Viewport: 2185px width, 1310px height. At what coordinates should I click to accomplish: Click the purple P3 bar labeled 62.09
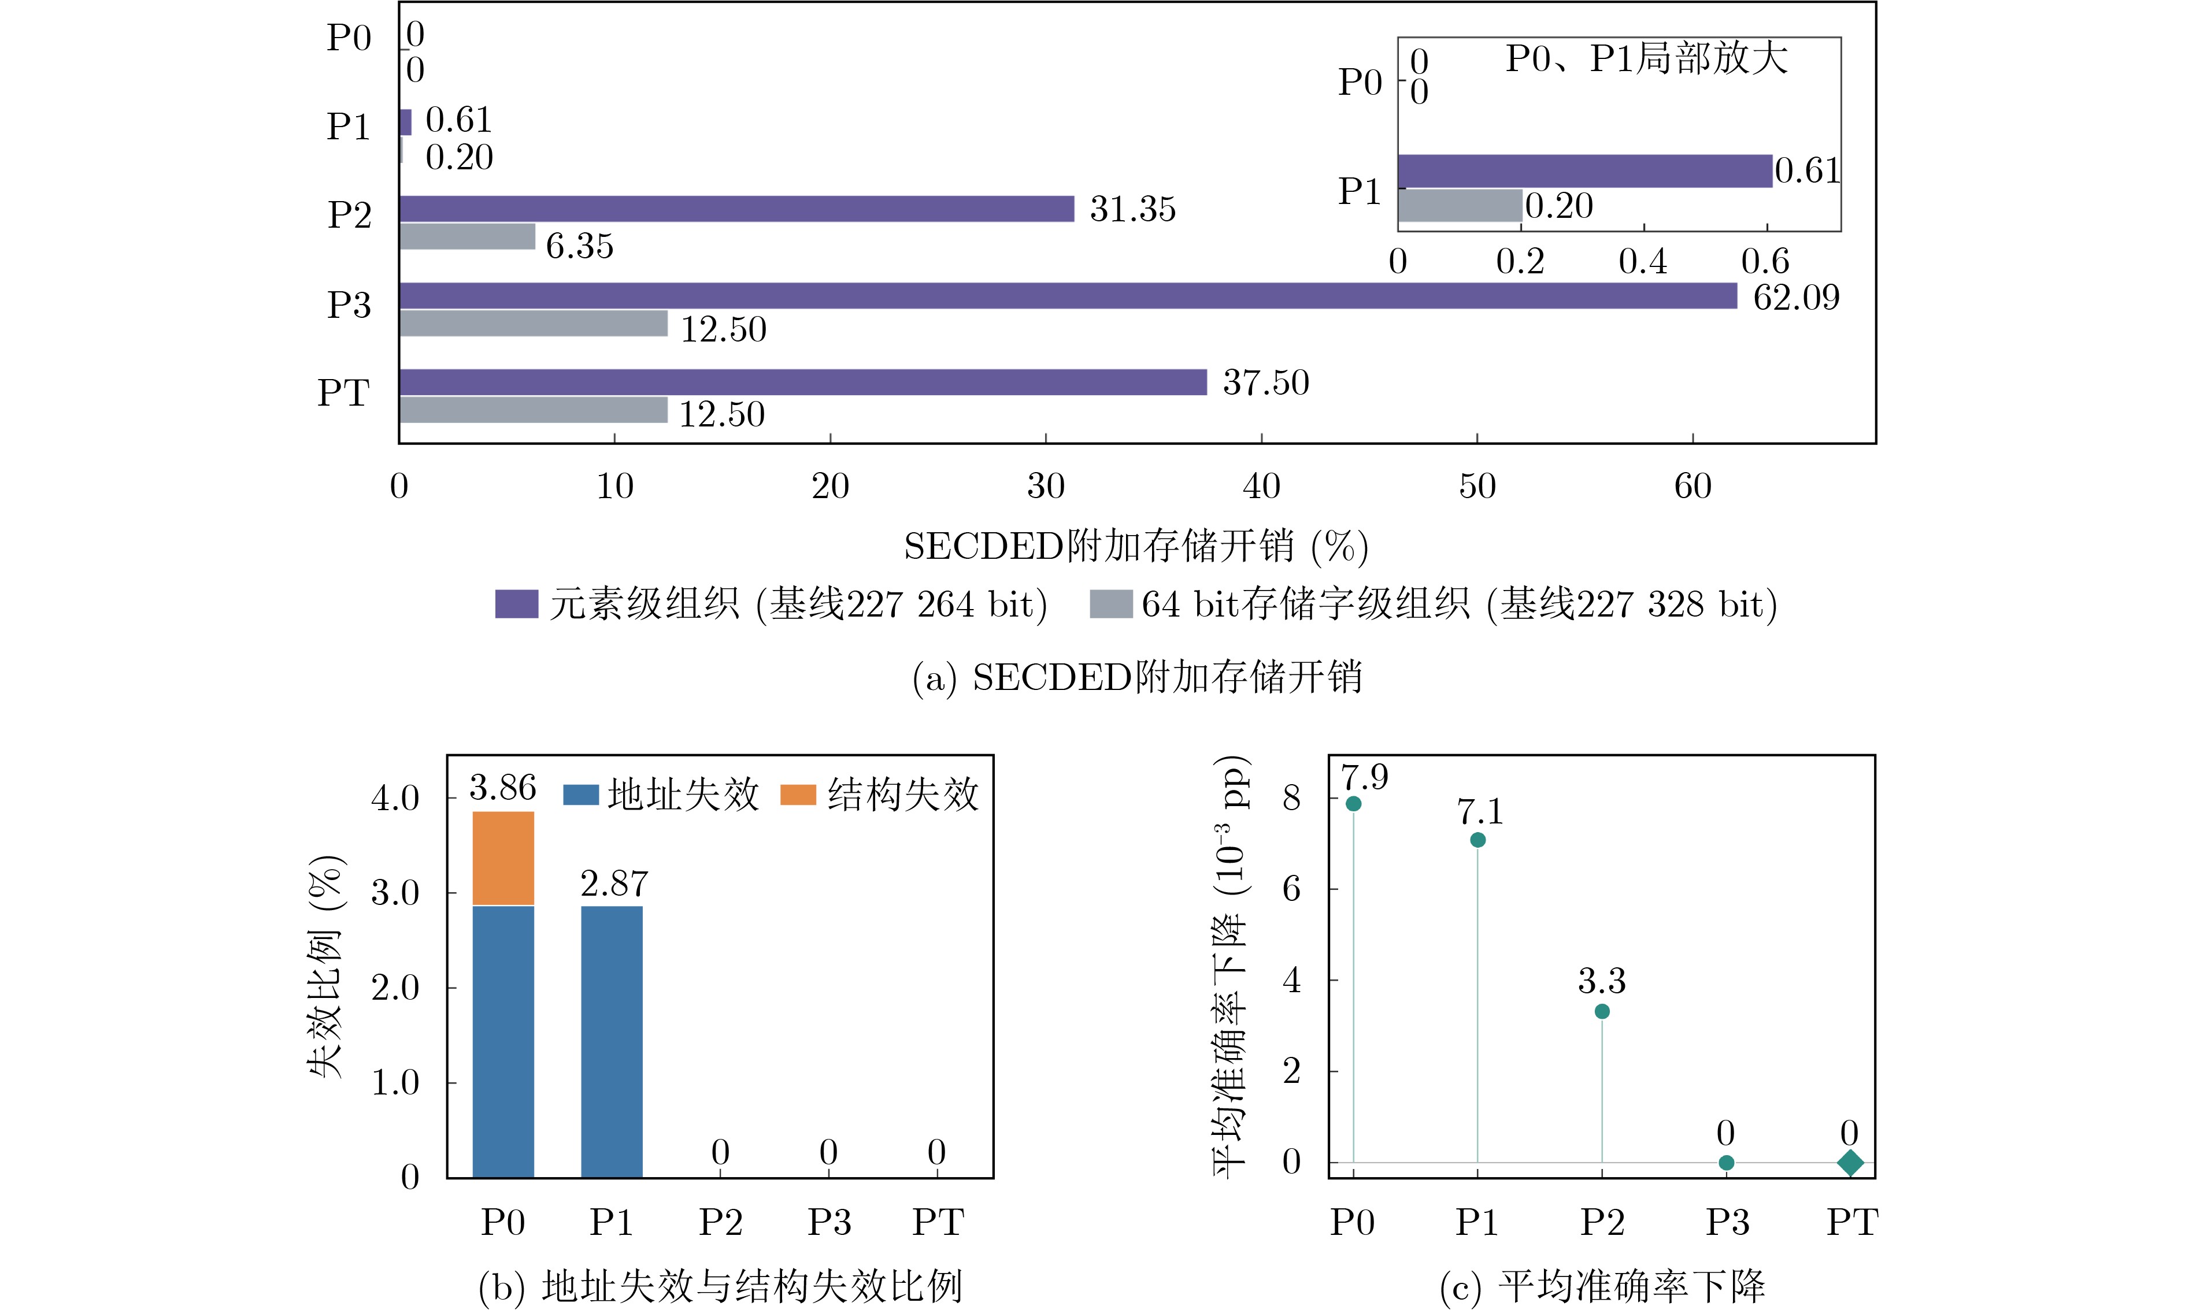[1068, 296]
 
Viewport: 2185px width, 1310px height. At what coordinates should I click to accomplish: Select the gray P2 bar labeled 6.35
[467, 236]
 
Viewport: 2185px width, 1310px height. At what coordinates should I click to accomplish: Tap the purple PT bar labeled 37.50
[803, 382]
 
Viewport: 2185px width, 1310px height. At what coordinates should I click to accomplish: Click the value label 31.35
[1132, 209]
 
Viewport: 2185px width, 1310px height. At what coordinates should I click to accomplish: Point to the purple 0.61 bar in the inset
[1584, 171]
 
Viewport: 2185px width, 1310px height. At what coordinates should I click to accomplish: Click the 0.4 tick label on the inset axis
[1643, 261]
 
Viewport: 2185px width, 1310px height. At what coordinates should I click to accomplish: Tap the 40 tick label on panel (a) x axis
[1261, 487]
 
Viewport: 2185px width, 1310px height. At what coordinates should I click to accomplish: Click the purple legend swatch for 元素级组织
[516, 604]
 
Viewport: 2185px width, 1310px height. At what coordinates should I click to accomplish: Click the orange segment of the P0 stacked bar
[503, 858]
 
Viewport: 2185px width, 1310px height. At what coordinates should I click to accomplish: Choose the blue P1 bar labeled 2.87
[612, 1042]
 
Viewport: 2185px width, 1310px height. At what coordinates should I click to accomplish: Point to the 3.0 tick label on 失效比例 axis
[395, 892]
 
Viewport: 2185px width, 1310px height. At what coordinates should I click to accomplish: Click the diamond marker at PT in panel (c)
[1850, 1163]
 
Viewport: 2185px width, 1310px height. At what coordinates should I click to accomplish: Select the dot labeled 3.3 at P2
[1602, 1012]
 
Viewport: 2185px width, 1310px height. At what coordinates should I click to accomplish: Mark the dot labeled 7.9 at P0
[1353, 803]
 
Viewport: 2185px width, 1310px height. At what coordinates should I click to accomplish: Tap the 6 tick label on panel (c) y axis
[1291, 889]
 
